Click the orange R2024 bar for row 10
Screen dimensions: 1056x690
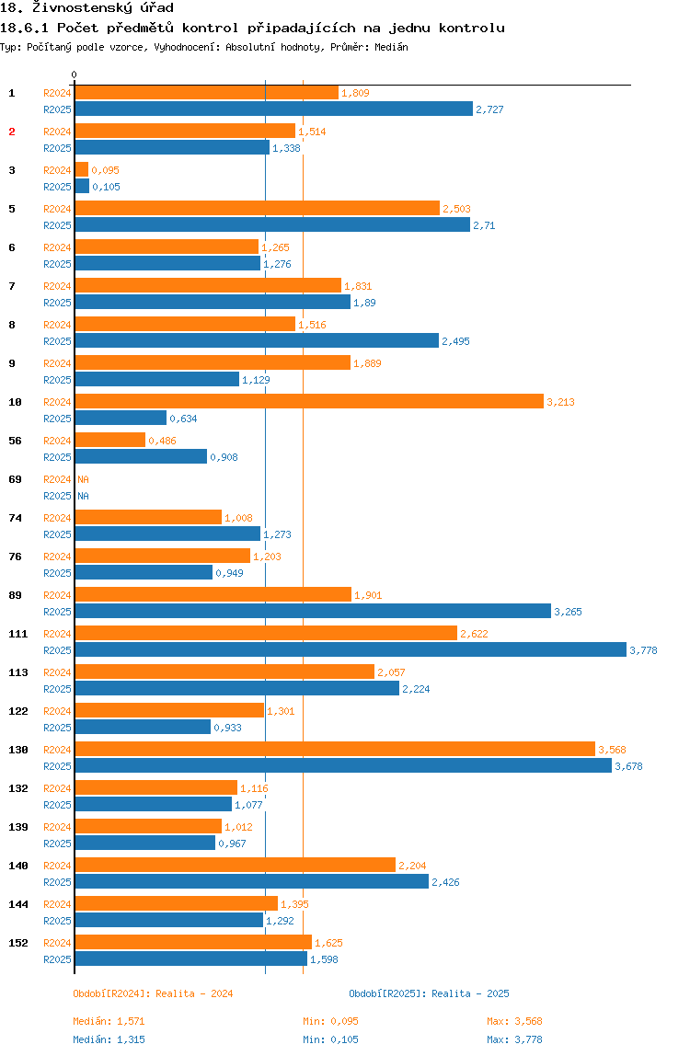click(x=309, y=402)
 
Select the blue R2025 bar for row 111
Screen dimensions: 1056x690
click(x=351, y=650)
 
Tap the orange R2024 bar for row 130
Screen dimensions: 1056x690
click(x=335, y=750)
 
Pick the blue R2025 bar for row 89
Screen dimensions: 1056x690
click(x=313, y=612)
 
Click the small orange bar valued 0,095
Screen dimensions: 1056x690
click(x=82, y=170)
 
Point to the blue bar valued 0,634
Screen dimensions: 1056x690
click(x=121, y=419)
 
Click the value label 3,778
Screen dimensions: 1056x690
click(x=644, y=650)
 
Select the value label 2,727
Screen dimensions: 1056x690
click(x=489, y=109)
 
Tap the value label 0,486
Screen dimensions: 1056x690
click(x=162, y=441)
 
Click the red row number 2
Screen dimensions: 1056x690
click(x=12, y=132)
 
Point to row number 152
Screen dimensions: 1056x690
click(x=18, y=943)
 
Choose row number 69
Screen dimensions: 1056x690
click(x=15, y=479)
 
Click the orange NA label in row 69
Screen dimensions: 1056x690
click(x=83, y=479)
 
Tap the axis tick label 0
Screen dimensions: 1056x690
click(x=75, y=75)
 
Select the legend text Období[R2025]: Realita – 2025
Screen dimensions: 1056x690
click(x=429, y=993)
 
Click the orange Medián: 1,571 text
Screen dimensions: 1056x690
click(x=109, y=1021)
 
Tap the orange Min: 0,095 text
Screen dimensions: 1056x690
click(x=330, y=1021)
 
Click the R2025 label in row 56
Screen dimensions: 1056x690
click(x=57, y=457)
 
